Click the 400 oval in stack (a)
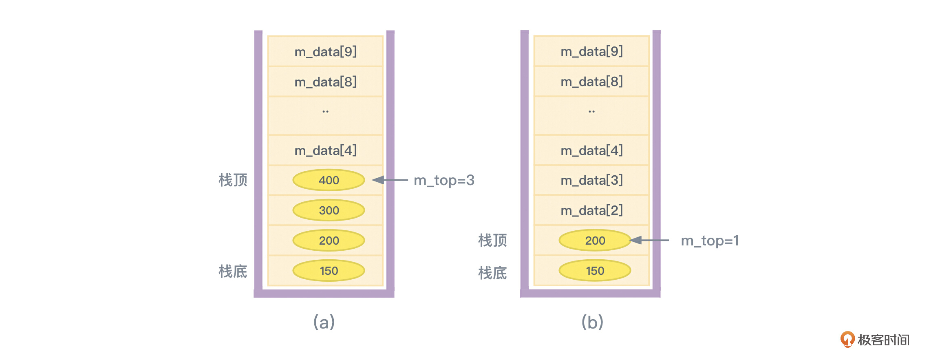pyautogui.click(x=329, y=180)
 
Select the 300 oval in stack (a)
pyautogui.click(x=329, y=210)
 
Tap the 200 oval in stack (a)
pyautogui.click(x=329, y=241)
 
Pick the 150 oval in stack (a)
pyautogui.click(x=329, y=271)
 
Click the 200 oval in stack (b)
pyautogui.click(x=595, y=241)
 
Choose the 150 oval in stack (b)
pyautogui.click(x=595, y=271)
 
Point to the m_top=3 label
pyautogui.click(x=444, y=180)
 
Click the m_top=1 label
pyautogui.click(x=710, y=241)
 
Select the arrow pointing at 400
pyautogui.click(x=390, y=180)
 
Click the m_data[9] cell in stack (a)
pyautogui.click(x=325, y=52)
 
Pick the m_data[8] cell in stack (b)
pyautogui.click(x=591, y=82)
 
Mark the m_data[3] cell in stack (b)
pyautogui.click(x=591, y=180)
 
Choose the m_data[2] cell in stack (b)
pyautogui.click(x=591, y=210)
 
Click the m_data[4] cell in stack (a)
pyautogui.click(x=325, y=150)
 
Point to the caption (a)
pyautogui.click(x=324, y=322)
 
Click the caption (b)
pyautogui.click(x=592, y=322)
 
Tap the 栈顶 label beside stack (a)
pyautogui.click(x=233, y=180)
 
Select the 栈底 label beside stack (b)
pyautogui.click(x=492, y=273)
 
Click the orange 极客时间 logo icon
pyautogui.click(x=847, y=339)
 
